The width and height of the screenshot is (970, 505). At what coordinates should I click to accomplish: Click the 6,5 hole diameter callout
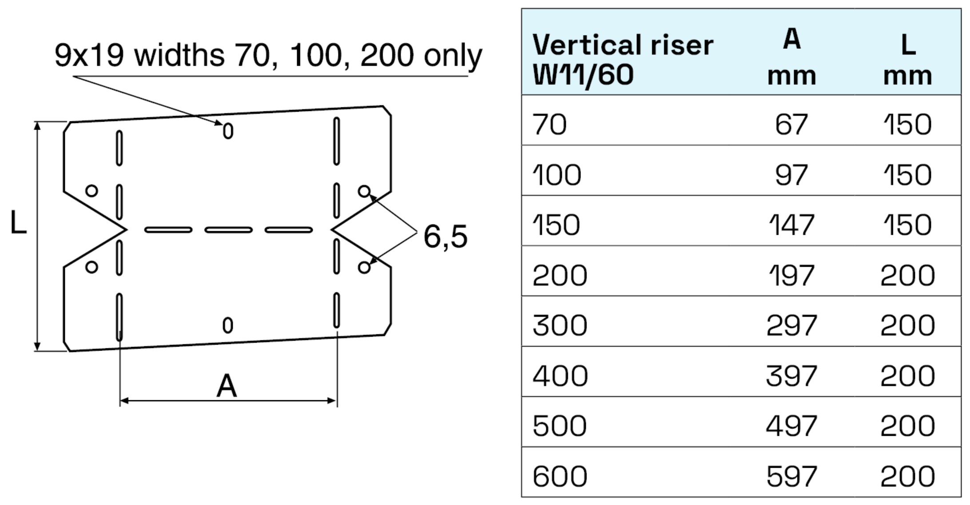(x=445, y=237)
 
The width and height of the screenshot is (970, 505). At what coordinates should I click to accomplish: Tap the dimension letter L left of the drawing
(x=18, y=222)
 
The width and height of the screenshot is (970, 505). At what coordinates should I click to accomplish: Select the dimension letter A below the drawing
(x=227, y=386)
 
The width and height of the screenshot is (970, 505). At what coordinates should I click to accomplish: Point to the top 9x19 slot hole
(x=228, y=131)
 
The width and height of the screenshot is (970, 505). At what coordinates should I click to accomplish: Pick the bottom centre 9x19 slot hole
(x=227, y=325)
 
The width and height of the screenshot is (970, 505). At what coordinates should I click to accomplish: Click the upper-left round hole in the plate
(x=91, y=191)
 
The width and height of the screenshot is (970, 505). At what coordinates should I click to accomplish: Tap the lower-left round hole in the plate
(x=91, y=267)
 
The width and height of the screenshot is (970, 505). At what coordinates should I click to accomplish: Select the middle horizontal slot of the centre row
(x=228, y=230)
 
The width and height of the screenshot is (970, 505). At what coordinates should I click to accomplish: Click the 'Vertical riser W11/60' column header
(x=622, y=59)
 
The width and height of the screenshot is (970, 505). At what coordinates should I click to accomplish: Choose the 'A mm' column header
(x=791, y=57)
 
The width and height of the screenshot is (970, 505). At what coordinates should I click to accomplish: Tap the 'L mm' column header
(x=907, y=59)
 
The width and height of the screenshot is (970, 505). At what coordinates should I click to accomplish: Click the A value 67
(x=791, y=125)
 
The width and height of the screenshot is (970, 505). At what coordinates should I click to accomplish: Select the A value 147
(x=791, y=225)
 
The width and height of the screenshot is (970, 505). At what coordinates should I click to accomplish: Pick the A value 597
(x=791, y=477)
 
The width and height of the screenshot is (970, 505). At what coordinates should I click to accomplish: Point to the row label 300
(x=560, y=326)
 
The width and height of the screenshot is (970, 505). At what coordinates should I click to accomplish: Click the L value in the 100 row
(x=907, y=175)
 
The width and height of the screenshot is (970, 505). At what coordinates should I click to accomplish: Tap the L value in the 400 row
(x=907, y=376)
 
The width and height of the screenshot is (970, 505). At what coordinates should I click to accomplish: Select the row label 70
(x=549, y=125)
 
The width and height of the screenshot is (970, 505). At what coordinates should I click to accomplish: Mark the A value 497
(x=791, y=426)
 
